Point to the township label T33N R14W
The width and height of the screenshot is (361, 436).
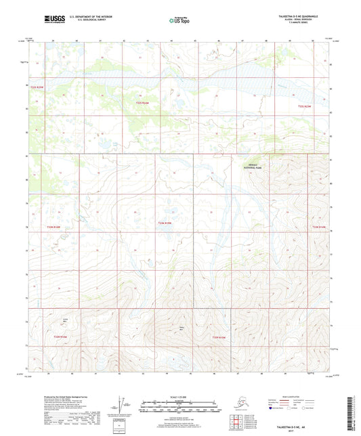point(318,227)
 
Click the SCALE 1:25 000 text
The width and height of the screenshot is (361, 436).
point(179,397)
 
